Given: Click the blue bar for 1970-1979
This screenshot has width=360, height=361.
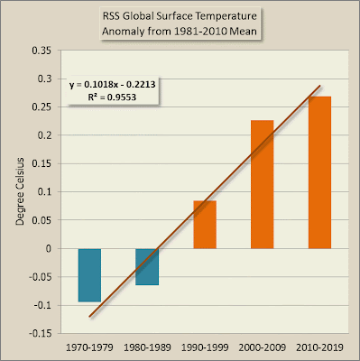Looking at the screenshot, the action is point(89,275).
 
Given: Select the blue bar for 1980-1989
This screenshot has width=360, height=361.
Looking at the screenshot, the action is point(147,267).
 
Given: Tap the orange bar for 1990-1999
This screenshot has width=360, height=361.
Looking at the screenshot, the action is point(205,225).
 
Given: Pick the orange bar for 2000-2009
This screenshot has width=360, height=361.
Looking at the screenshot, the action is point(263,184).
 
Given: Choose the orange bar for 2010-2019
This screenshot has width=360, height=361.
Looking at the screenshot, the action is point(319,172).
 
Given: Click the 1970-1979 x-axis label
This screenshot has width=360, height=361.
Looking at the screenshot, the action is point(89,347).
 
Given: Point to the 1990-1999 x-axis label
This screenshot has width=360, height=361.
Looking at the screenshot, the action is point(205,347).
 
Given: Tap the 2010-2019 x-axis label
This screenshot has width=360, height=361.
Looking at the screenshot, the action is point(319,347).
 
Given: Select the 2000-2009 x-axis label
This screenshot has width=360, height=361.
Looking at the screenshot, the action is point(263,347).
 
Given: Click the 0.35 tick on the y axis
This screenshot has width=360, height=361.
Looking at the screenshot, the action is point(42,51).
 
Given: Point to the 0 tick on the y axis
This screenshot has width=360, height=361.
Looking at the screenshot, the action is point(49,249).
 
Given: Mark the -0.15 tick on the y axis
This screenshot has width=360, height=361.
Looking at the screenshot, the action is point(40,334).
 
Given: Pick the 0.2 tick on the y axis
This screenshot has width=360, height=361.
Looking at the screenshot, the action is point(44,135).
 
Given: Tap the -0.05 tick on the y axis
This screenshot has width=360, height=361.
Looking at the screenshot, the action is point(40,277).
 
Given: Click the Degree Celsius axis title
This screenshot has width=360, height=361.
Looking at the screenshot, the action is point(20,191).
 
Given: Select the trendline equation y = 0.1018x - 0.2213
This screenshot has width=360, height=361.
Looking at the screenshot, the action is point(113,85).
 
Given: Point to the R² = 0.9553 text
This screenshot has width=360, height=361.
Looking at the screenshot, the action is point(112,97).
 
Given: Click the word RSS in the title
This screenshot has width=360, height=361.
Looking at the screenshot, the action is point(111,16).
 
